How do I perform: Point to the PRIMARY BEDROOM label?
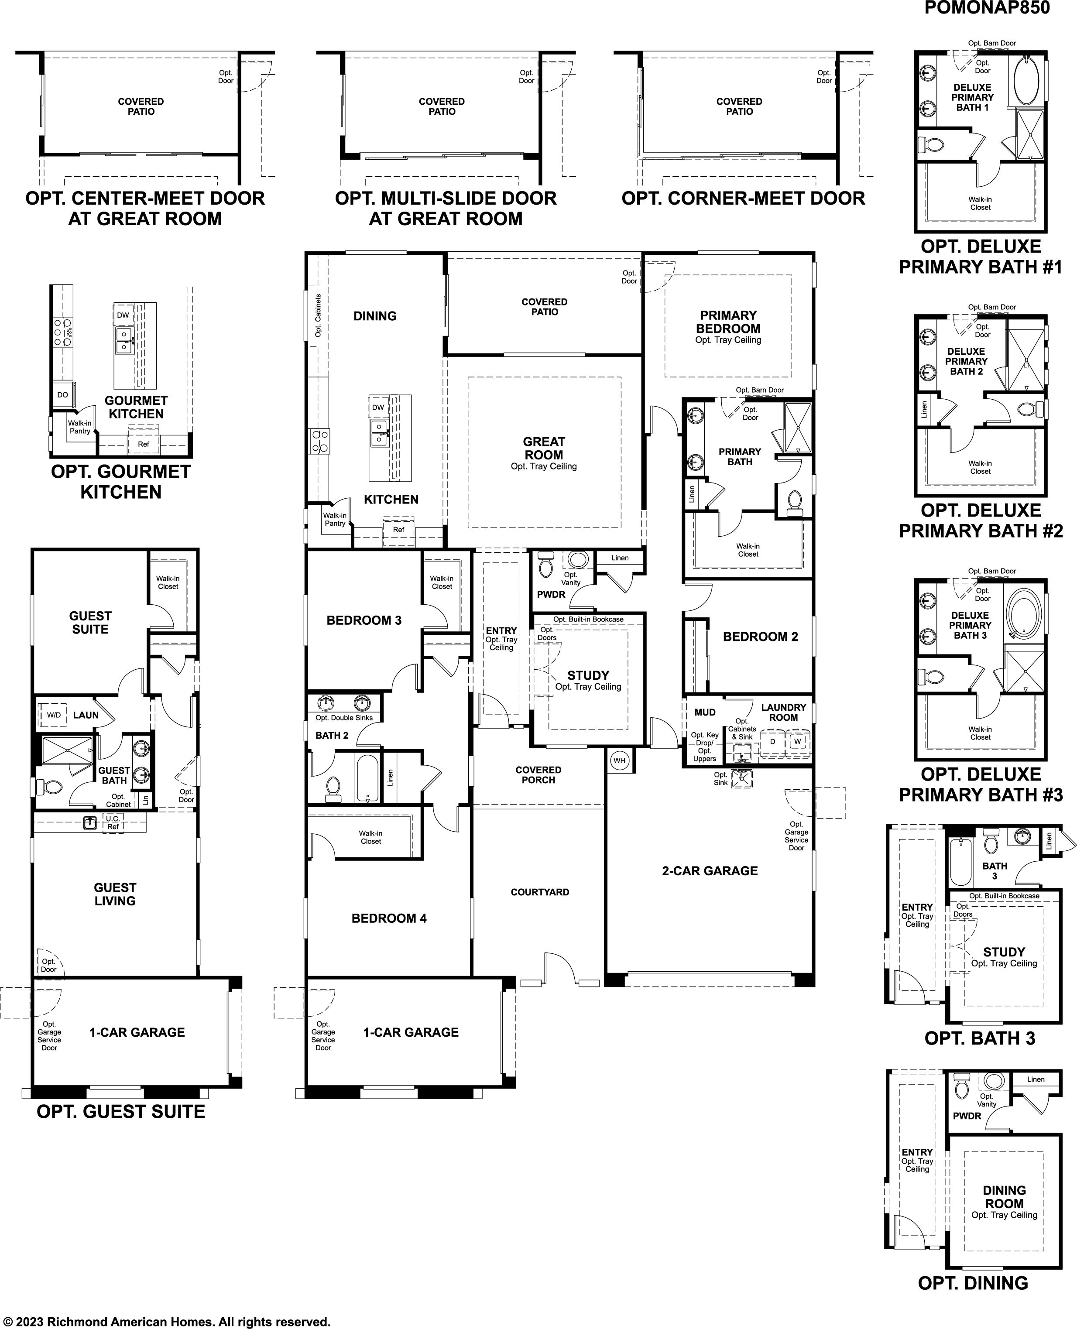tap(728, 322)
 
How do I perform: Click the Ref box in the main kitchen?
tap(398, 530)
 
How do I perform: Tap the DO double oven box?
tap(63, 394)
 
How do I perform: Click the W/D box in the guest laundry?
tap(54, 715)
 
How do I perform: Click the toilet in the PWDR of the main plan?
tap(545, 564)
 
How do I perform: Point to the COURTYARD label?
tap(540, 892)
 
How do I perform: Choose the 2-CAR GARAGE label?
tap(710, 871)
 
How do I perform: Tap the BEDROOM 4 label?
tap(389, 918)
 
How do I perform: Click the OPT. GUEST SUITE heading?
tap(121, 1111)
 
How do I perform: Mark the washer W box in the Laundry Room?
tap(797, 741)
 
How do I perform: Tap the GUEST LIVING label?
tap(115, 894)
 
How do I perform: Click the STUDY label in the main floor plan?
tap(588, 675)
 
